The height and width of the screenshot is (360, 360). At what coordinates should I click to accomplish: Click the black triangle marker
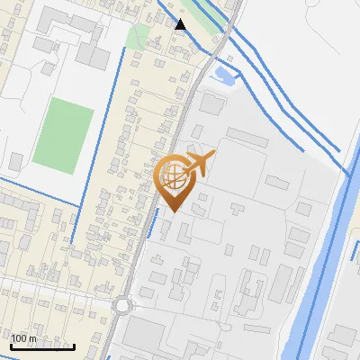point(181,24)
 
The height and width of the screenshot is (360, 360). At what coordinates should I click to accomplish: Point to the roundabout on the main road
point(122,304)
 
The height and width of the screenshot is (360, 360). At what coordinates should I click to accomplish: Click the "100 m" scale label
point(23,338)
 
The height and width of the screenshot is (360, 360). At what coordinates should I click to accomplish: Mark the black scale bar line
point(42,346)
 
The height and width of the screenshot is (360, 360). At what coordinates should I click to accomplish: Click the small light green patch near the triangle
point(138,37)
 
